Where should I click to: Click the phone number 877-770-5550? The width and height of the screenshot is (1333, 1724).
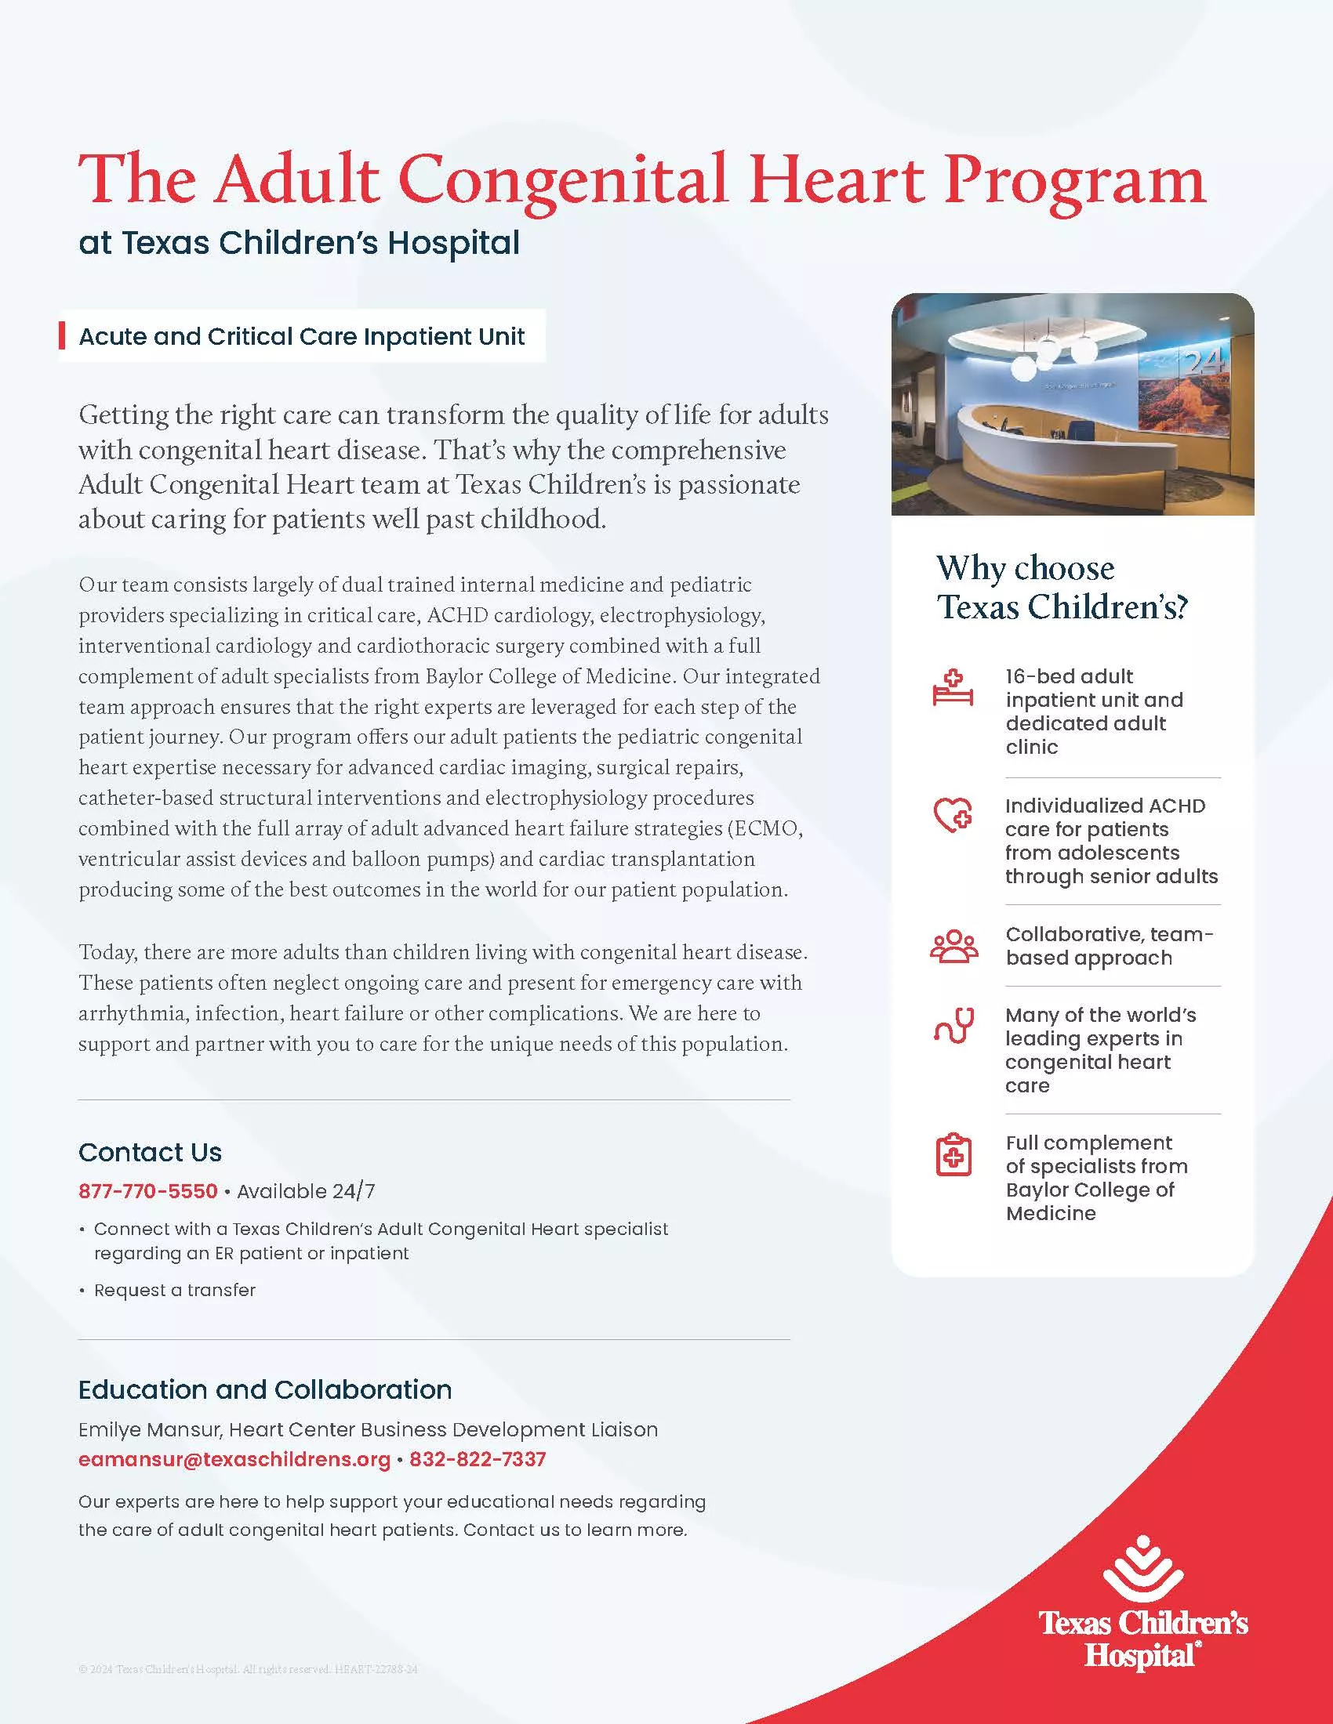click(x=147, y=1190)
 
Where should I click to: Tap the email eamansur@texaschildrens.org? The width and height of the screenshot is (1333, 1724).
click(x=234, y=1459)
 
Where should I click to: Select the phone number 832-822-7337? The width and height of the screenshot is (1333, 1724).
click(x=477, y=1459)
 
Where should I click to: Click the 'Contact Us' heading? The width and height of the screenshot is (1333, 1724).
click(x=150, y=1152)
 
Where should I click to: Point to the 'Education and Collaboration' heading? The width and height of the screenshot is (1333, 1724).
click(x=264, y=1389)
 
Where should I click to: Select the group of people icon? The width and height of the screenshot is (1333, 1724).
click(x=953, y=947)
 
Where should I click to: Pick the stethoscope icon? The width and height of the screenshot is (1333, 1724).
click(x=953, y=1026)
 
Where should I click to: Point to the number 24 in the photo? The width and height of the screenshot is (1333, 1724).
click(x=1204, y=362)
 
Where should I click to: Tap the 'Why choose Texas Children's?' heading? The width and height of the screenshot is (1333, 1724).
click(x=1062, y=587)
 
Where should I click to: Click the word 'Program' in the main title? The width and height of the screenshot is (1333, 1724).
click(x=1075, y=181)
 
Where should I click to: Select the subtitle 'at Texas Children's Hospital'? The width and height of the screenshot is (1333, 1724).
click(x=299, y=242)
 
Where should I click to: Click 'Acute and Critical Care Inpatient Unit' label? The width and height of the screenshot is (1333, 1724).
click(x=301, y=336)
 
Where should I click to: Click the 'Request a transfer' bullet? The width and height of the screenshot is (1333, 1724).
click(x=175, y=1290)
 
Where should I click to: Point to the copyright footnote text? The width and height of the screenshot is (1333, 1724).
click(x=248, y=1669)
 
